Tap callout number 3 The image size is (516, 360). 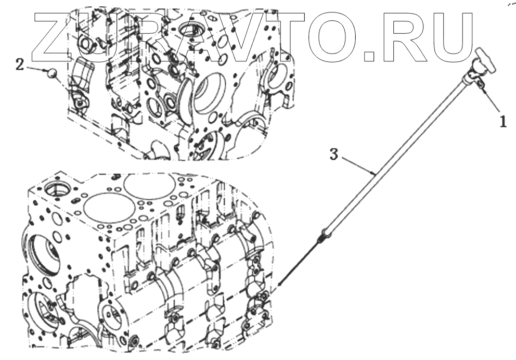point(334,153)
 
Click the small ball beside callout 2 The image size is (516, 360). point(51,73)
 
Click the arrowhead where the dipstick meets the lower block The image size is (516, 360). point(281,284)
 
